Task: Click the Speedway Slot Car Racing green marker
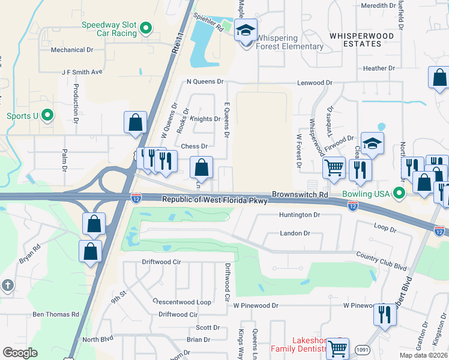click(145, 28)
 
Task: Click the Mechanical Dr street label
click(72, 50)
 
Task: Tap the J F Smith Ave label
click(82, 72)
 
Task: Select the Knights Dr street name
click(205, 119)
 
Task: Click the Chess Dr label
click(194, 146)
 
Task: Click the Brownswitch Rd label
click(300, 195)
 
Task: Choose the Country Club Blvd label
click(381, 262)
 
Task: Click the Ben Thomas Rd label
click(56, 314)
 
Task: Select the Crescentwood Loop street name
click(181, 302)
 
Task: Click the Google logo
click(20, 353)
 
